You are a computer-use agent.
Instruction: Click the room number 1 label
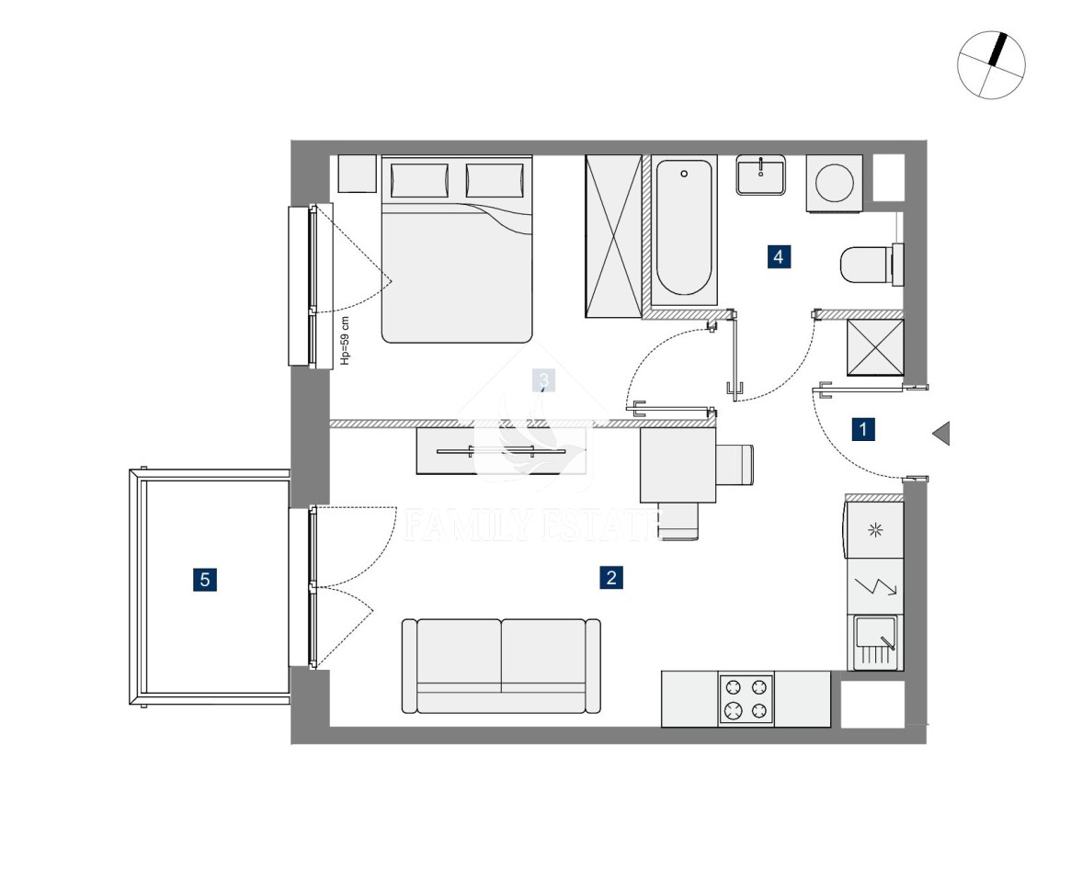(863, 429)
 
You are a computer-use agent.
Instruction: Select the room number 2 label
(611, 578)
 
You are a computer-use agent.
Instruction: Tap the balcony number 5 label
(205, 580)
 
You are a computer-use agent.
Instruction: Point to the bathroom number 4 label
(779, 256)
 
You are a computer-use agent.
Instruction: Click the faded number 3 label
(543, 380)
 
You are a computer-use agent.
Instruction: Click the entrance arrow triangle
(941, 434)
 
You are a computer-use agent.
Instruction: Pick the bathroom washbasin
(760, 174)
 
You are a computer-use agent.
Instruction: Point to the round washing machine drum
(834, 182)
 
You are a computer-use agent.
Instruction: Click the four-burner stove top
(746, 699)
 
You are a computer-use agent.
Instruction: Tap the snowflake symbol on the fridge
(876, 530)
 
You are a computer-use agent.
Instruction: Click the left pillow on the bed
(419, 181)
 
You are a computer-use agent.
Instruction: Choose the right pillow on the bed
(495, 181)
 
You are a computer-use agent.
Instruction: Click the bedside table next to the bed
(358, 174)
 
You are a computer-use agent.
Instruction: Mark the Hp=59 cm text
(345, 341)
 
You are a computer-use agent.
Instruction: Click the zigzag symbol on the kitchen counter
(876, 586)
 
